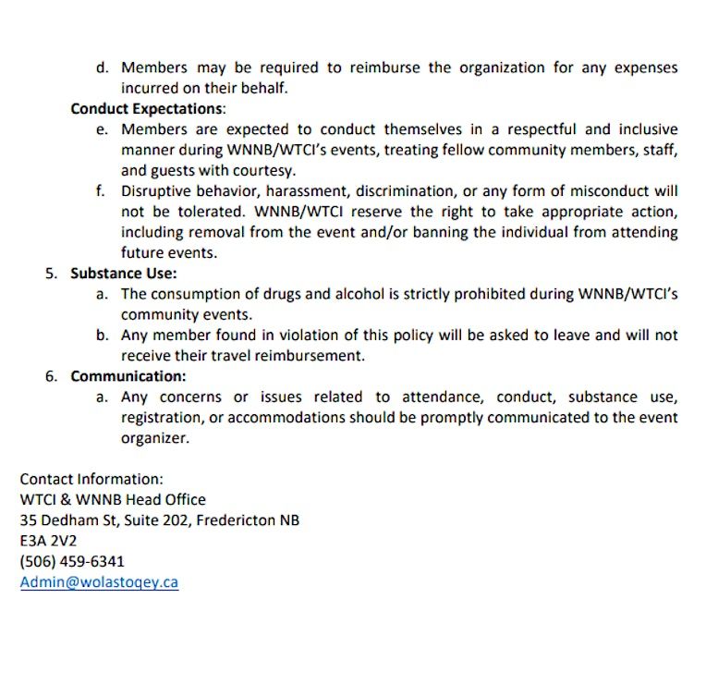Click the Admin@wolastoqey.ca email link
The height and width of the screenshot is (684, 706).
pyautogui.click(x=99, y=582)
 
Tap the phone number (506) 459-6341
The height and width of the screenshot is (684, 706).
pyautogui.click(x=72, y=561)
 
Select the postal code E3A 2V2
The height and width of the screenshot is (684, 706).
pyautogui.click(x=48, y=541)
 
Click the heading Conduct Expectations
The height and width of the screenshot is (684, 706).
pyautogui.click(x=146, y=109)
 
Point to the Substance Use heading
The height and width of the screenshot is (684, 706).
pyautogui.click(x=123, y=274)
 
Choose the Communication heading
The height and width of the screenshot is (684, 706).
pyautogui.click(x=128, y=376)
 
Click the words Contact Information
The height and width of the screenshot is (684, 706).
pyautogui.click(x=91, y=479)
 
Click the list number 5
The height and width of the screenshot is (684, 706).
pyautogui.click(x=51, y=274)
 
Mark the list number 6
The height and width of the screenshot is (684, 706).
pyautogui.click(x=51, y=376)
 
